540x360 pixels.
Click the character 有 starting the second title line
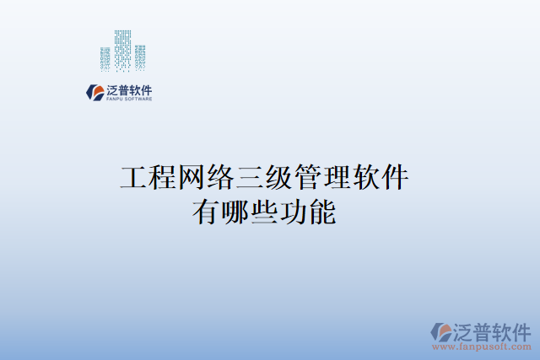coord(206,212)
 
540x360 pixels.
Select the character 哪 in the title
coord(235,212)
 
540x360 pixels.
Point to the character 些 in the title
coord(265,212)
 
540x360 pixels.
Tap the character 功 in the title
coord(294,212)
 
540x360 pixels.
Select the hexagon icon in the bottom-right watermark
coord(441,331)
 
